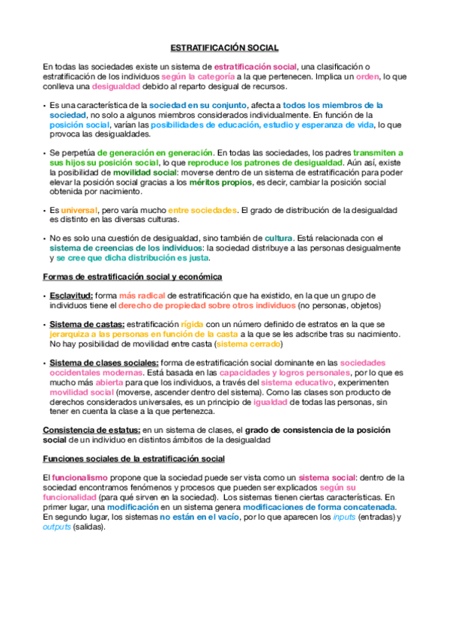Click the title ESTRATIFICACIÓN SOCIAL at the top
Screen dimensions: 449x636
pos(224,47)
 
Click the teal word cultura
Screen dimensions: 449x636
pos(278,238)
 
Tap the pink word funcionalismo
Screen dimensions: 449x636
pos(79,478)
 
